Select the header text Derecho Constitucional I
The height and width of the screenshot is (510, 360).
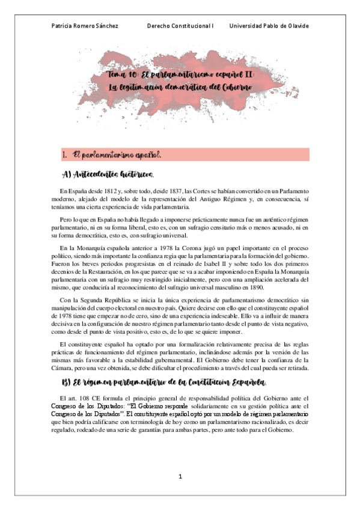click(x=180, y=26)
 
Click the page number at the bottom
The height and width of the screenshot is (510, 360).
click(x=179, y=476)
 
